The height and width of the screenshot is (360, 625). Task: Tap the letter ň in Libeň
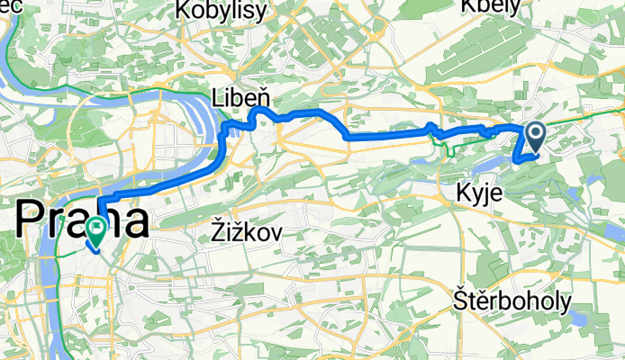(x=265, y=96)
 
